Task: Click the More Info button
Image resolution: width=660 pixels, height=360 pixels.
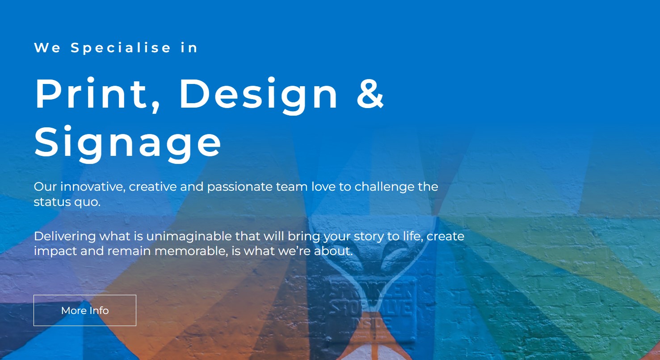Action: (85, 310)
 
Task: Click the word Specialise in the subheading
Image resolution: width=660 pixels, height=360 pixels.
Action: (121, 48)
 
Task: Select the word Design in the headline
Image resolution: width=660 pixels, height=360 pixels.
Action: (258, 94)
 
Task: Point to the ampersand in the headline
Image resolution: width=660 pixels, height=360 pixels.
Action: (370, 94)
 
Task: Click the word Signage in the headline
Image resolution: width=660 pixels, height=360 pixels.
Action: (128, 142)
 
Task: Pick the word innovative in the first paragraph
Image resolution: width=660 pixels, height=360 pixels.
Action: (92, 186)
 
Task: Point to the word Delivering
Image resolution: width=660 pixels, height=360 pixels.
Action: (65, 236)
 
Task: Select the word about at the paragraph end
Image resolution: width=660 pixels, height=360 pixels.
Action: (333, 251)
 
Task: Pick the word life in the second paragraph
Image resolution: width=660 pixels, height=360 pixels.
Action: (411, 236)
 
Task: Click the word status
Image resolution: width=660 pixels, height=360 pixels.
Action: (52, 202)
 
